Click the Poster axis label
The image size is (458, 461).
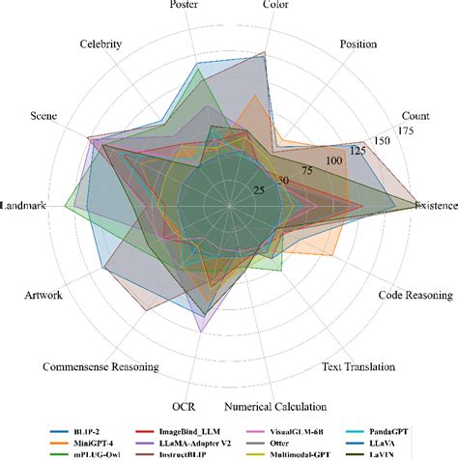pos(185,6)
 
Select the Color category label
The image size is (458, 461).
pos(276,6)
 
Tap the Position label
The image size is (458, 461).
pos(359,44)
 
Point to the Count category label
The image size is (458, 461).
pos(416,116)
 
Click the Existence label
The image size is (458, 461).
pos(435,205)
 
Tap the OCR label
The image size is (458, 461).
pos(184,407)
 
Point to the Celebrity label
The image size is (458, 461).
pos(100,44)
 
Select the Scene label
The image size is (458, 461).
pos(43,116)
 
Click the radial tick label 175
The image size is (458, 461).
pos(406,130)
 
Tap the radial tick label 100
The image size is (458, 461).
pos(335,159)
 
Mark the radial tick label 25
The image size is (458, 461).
pos(258,190)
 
